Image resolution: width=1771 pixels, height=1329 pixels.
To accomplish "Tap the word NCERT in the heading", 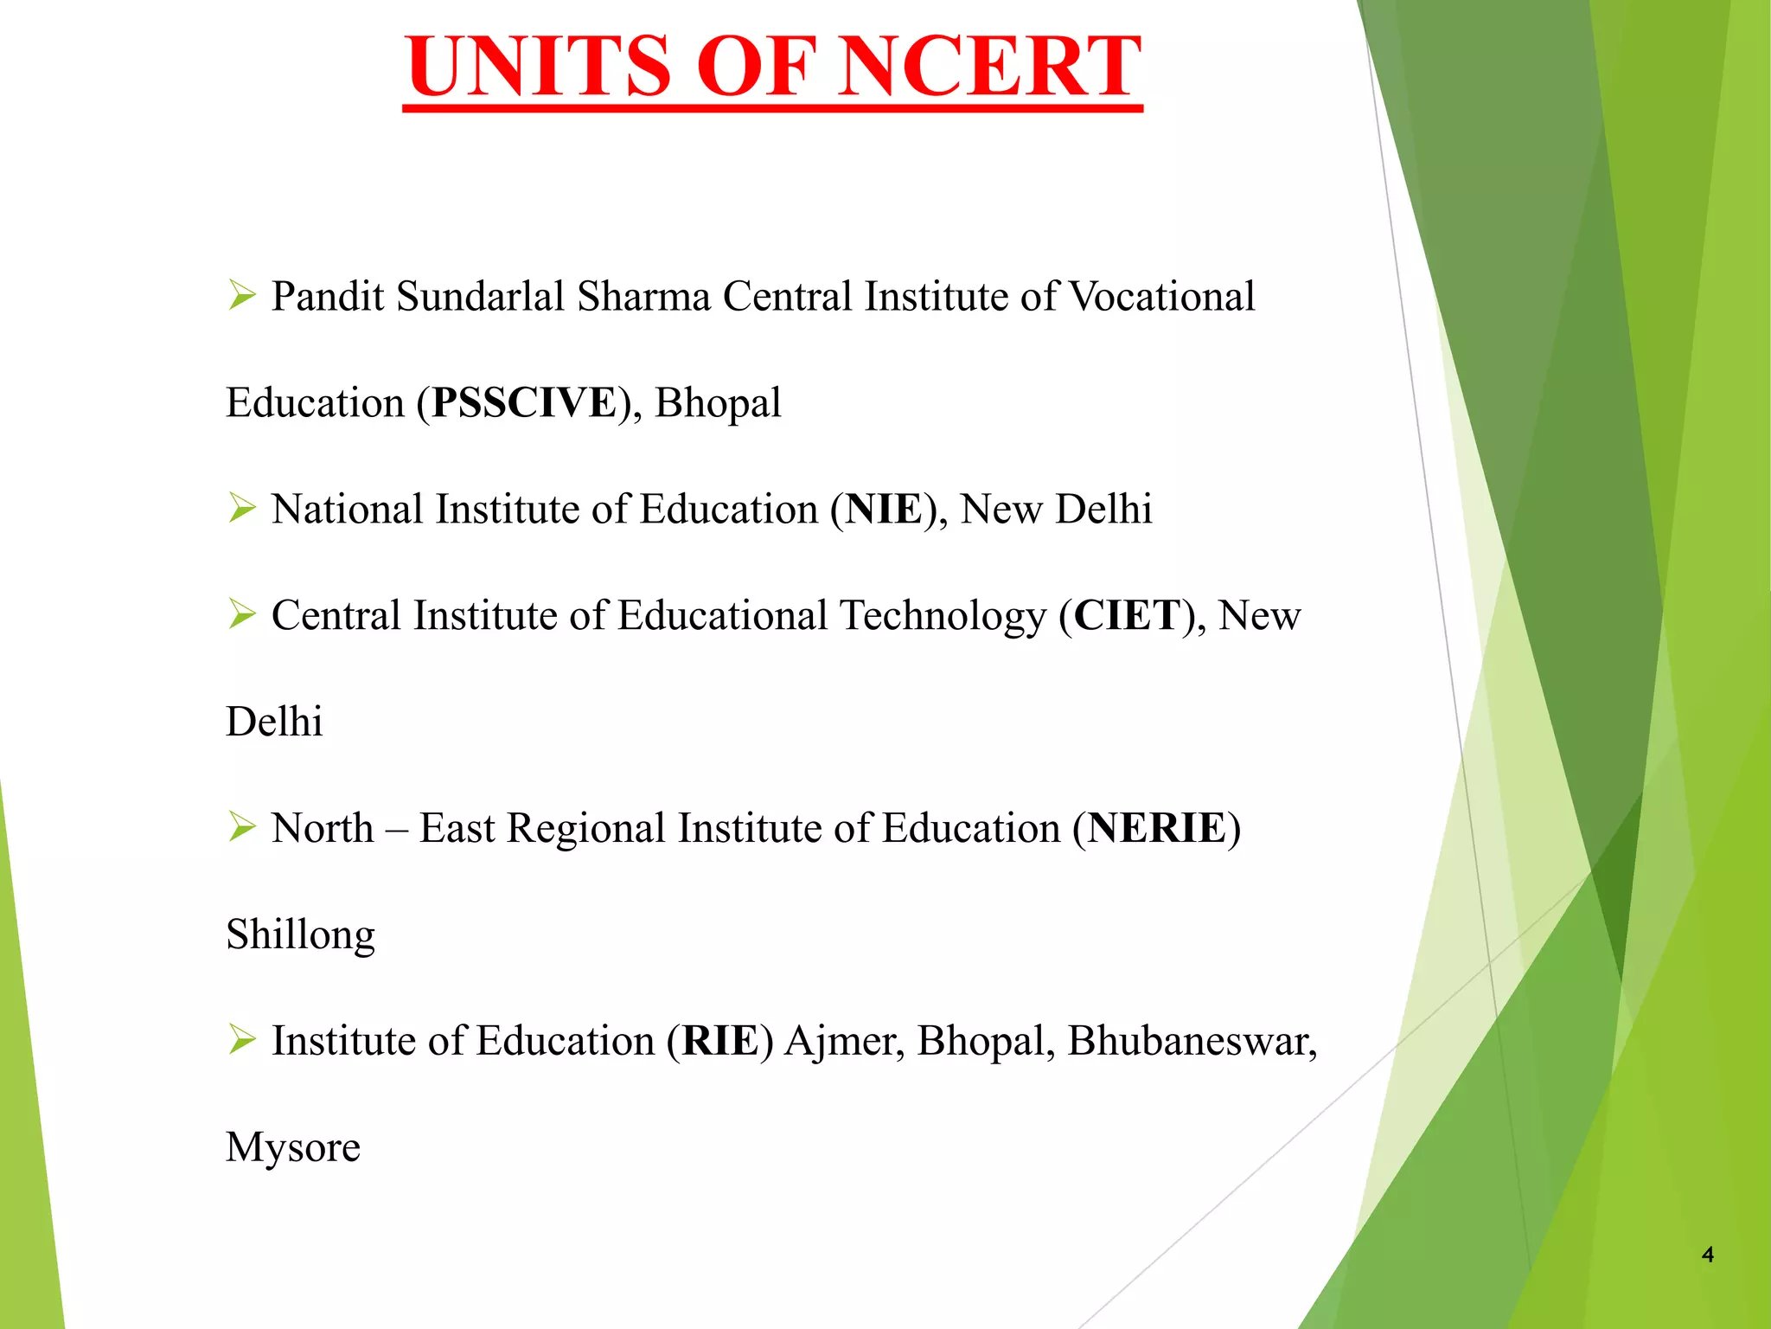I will click(x=989, y=67).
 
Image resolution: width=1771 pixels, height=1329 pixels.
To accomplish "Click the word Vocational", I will click(x=1162, y=297).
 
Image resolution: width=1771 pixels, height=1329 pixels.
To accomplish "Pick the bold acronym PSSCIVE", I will click(x=525, y=403).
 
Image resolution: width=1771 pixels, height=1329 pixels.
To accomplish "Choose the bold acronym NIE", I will click(x=885, y=510).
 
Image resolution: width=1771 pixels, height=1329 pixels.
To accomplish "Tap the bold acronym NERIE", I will click(x=1157, y=828).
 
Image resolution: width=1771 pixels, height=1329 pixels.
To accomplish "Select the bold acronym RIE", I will click(x=720, y=1041).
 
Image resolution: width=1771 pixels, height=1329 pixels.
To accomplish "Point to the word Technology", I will click(x=943, y=616).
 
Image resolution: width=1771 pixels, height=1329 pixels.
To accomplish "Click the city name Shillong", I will click(x=301, y=935).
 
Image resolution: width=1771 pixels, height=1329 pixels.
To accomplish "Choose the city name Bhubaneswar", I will click(x=1192, y=1041).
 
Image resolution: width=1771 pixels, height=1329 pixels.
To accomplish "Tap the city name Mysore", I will click(x=293, y=1147).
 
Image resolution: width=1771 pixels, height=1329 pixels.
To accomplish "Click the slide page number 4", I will click(x=1707, y=1255).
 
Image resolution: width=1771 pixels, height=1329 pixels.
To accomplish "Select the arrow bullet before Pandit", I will click(x=242, y=296).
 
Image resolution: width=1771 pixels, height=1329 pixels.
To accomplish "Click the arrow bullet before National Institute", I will click(x=242, y=509).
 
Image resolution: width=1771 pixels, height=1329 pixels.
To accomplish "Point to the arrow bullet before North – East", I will click(x=242, y=827).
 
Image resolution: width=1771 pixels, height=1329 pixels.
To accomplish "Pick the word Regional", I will click(x=585, y=828).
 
